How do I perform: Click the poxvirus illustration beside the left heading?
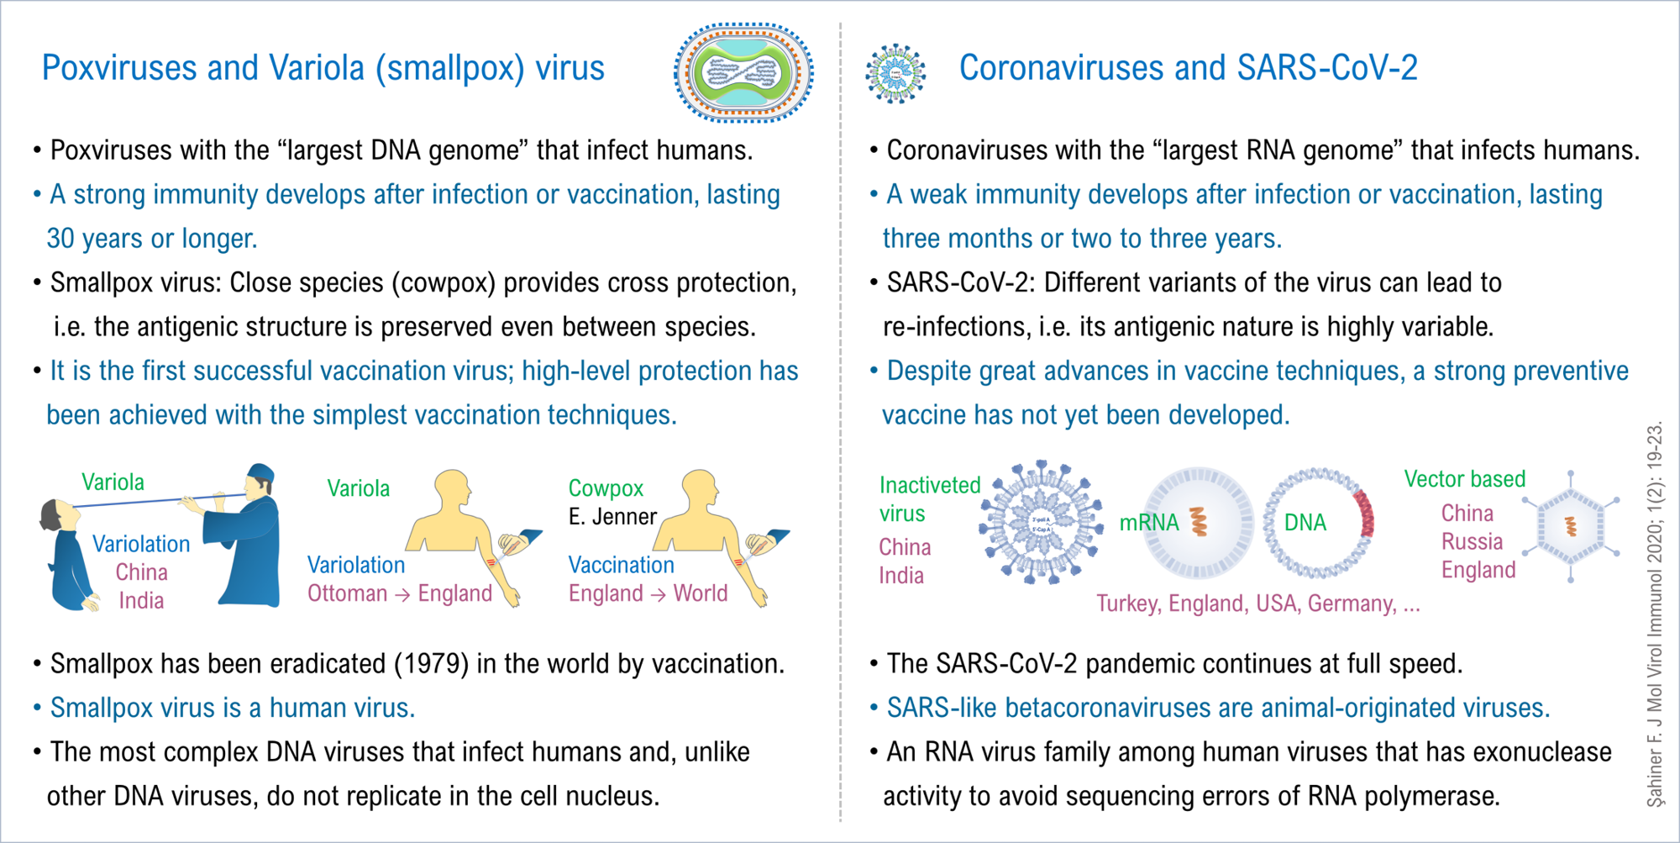coord(743,72)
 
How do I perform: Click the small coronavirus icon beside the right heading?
coord(895,73)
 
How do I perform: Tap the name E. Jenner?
coord(612,516)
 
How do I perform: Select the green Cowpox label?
coord(606,487)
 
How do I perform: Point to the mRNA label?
coord(1149,522)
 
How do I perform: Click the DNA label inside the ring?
coord(1305,522)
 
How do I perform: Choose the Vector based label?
coord(1465,478)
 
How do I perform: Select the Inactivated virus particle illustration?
coord(1042,522)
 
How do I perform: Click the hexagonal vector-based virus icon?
coord(1571,527)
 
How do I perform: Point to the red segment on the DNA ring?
coord(1364,514)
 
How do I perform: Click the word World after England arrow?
coord(701,593)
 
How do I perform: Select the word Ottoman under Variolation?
coord(347,593)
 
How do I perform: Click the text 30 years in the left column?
coord(95,239)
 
